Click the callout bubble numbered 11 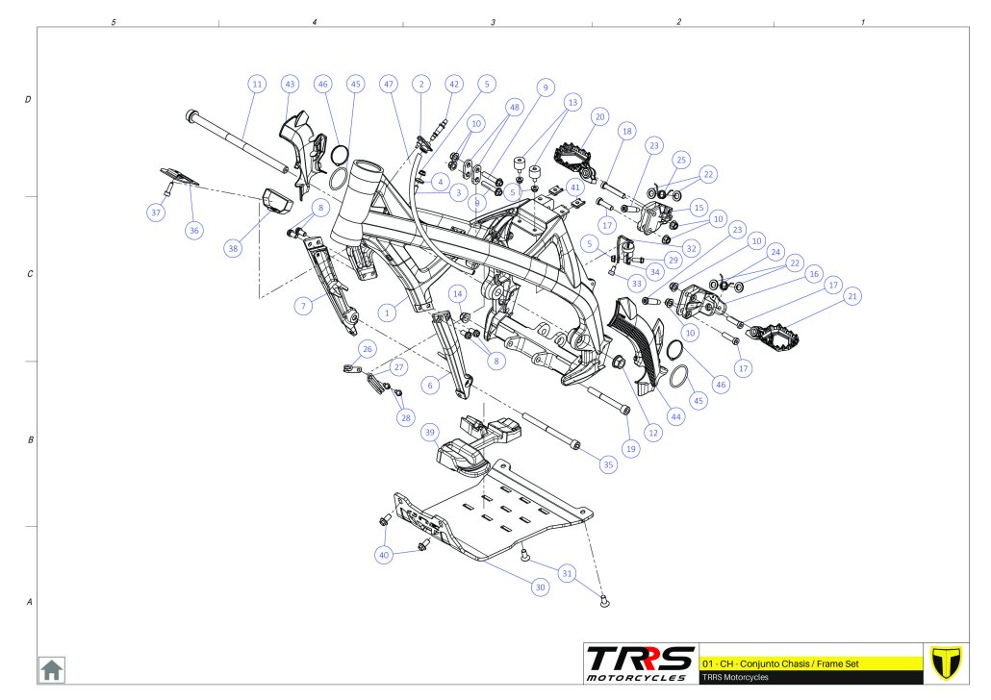tap(257, 84)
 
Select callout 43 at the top tap(290, 84)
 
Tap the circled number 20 tap(599, 117)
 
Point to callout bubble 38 tap(233, 248)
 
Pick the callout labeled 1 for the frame tap(388, 312)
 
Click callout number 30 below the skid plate tap(540, 587)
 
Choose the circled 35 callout tap(608, 464)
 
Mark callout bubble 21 tap(852, 296)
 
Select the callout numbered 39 tap(430, 433)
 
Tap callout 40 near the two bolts tap(384, 556)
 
